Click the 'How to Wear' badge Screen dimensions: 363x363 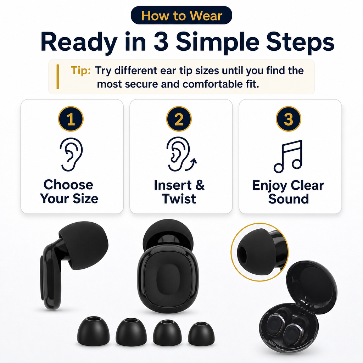[181, 15]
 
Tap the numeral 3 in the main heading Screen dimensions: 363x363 [161, 42]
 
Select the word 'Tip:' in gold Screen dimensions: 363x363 [80, 70]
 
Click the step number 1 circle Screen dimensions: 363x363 [71, 119]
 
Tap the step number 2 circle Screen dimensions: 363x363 [179, 119]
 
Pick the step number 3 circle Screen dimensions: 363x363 [289, 119]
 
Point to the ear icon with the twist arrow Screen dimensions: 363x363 [181, 154]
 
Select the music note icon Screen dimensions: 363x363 [288, 156]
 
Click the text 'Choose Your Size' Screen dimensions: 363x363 [69, 192]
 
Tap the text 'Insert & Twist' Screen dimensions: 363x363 [179, 192]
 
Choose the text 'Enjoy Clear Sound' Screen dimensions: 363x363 [288, 192]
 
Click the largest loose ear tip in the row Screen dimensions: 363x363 [131, 332]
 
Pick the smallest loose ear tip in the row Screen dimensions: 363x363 [201, 334]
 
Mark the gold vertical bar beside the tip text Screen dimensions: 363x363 [58, 77]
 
